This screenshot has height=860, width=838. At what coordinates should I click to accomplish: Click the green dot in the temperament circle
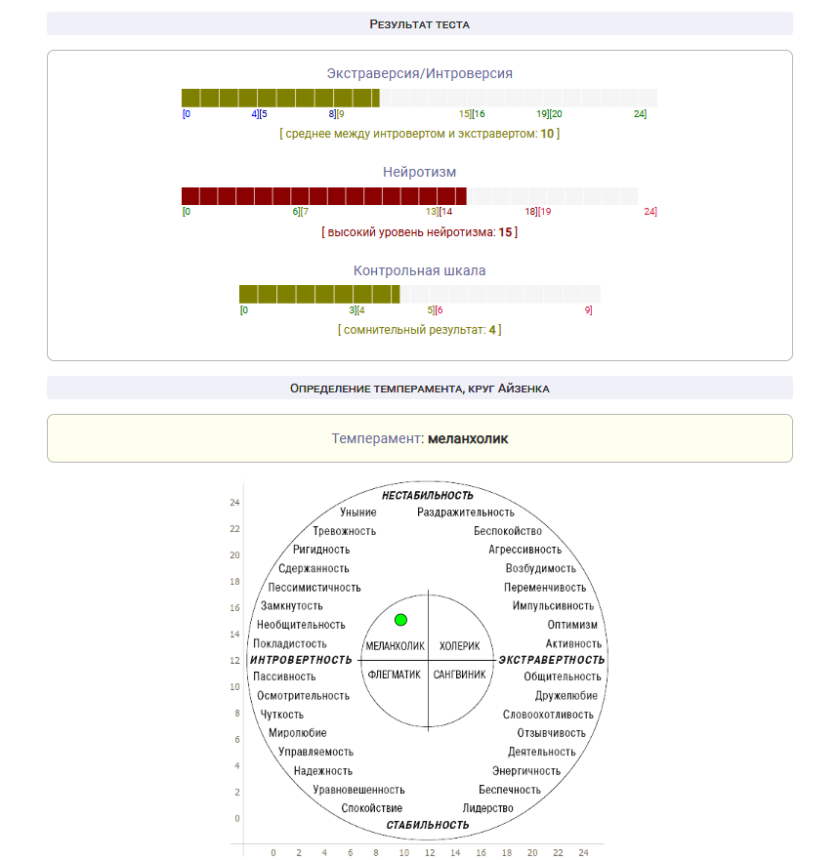point(400,620)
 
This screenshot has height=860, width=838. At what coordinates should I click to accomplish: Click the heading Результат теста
point(419,23)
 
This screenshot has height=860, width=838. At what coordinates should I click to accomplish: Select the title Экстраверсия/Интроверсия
point(419,73)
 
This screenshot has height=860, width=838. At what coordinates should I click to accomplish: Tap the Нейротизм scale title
point(419,172)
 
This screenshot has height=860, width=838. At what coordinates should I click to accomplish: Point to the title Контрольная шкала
point(419,270)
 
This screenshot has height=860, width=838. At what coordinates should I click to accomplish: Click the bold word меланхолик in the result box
point(468,438)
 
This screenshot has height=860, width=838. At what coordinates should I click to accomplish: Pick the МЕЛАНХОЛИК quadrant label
point(395,646)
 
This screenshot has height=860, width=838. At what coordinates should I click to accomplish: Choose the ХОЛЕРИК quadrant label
point(459,646)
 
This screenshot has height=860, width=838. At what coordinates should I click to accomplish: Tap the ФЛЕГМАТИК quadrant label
point(395,674)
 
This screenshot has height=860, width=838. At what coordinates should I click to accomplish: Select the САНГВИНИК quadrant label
point(459,674)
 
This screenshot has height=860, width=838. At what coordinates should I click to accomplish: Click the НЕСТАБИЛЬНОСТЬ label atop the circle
point(420,495)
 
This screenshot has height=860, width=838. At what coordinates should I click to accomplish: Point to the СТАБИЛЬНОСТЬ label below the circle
point(427,825)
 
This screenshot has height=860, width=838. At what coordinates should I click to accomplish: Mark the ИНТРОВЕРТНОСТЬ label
point(301,660)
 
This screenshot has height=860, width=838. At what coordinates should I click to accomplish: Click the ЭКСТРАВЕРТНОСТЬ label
point(552,660)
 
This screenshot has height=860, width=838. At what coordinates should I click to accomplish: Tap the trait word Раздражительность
point(465,512)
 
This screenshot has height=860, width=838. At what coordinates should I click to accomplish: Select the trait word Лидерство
point(487,808)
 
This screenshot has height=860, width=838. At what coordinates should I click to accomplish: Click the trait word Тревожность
point(344,531)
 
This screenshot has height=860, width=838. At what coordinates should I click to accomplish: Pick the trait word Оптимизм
point(572,625)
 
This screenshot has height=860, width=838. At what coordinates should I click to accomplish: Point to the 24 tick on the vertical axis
point(234,503)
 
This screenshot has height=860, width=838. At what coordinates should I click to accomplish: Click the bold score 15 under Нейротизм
point(505,232)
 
